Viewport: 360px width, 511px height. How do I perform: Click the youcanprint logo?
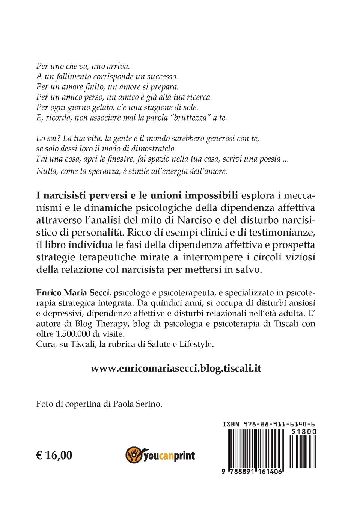pos(160,455)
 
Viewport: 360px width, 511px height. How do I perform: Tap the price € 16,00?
pos(54,455)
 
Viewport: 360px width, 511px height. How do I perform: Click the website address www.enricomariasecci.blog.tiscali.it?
pos(176,368)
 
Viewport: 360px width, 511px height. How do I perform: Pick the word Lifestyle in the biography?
pos(196,344)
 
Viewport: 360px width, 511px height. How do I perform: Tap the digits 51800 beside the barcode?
pos(304,432)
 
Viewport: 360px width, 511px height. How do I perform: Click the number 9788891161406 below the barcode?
pos(252,472)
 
